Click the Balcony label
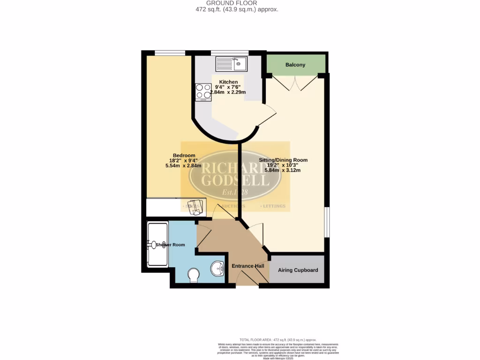click(x=295, y=65)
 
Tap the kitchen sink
click(x=231, y=64)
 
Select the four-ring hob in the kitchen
click(x=203, y=92)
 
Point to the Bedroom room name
click(x=184, y=156)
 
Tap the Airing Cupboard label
click(x=298, y=270)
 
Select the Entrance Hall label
click(x=247, y=266)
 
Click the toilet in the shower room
click(x=193, y=275)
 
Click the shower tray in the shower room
click(x=157, y=244)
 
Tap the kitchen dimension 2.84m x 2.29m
click(x=228, y=92)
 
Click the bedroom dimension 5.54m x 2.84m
click(x=183, y=165)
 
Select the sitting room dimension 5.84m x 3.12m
click(x=283, y=170)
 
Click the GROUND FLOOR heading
click(x=238, y=3)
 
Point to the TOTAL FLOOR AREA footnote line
click(x=278, y=339)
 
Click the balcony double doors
click(x=295, y=83)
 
